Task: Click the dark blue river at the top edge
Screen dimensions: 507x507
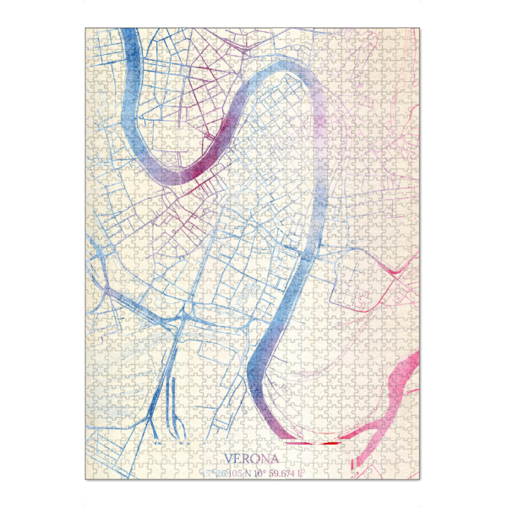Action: click(129, 38)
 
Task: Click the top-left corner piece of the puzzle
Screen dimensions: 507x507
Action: click(92, 35)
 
